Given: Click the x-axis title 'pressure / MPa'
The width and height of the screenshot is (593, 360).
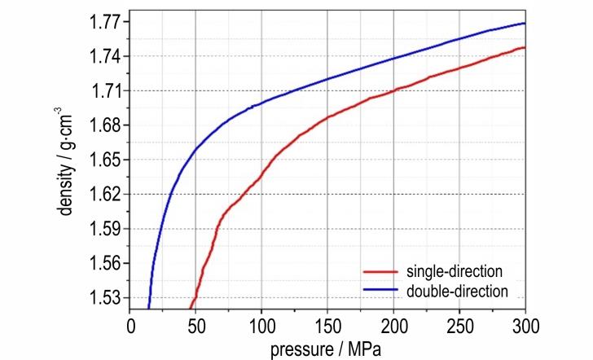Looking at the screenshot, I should point(327,349).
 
